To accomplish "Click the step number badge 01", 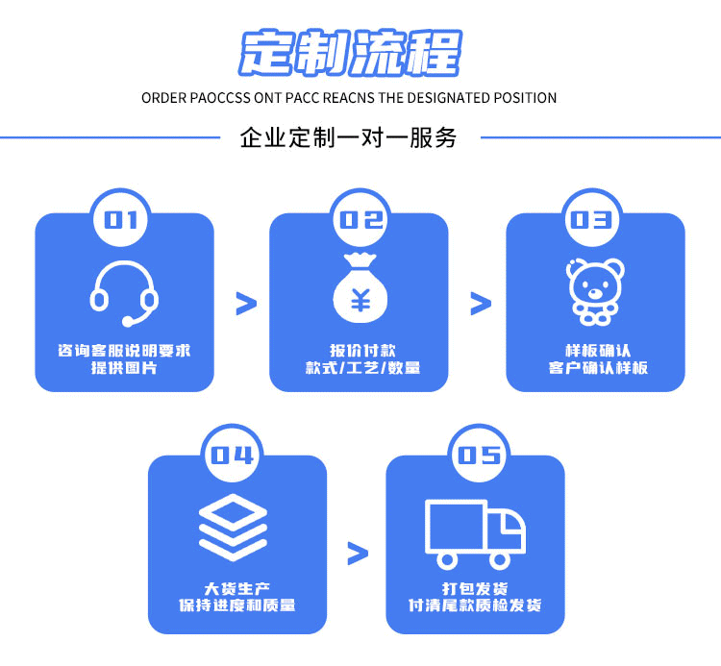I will (x=121, y=220).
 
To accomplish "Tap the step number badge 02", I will (x=360, y=220).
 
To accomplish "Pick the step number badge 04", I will (x=233, y=456).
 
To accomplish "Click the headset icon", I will (x=124, y=292).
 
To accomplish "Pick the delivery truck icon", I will (x=475, y=531).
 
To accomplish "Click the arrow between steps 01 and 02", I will (x=247, y=304).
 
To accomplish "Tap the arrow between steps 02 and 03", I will (x=481, y=304).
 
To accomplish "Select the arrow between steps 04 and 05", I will (x=358, y=553).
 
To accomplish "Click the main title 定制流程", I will (x=351, y=52).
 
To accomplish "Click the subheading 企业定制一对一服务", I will (x=348, y=137).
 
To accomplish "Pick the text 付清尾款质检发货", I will (x=475, y=605).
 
